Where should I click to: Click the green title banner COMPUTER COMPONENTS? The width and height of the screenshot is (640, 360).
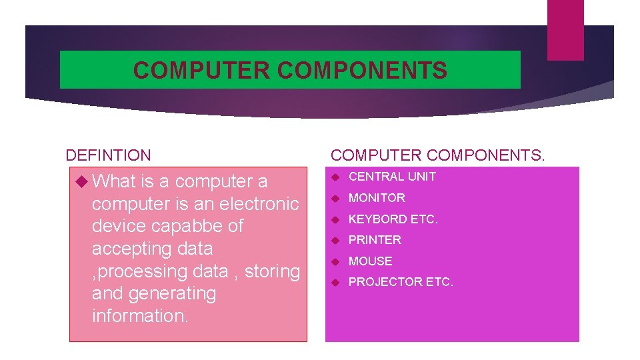tap(290, 70)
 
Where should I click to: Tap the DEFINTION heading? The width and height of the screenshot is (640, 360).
tap(108, 155)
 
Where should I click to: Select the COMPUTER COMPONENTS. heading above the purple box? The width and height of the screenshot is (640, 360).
tap(437, 155)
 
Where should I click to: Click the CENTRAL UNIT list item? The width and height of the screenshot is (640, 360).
tap(392, 177)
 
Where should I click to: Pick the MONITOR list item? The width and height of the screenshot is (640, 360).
tap(377, 198)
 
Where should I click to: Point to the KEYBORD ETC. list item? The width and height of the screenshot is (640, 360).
tap(393, 219)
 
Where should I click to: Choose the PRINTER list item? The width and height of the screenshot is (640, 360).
tap(375, 240)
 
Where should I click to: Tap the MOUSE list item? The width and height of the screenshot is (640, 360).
tap(371, 261)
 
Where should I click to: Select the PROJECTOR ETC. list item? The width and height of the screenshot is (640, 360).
tap(401, 282)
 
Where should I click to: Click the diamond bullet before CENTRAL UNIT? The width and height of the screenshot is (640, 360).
tap(337, 177)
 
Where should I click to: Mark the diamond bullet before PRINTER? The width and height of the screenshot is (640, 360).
tap(337, 240)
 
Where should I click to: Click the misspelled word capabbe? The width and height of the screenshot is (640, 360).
tap(189, 226)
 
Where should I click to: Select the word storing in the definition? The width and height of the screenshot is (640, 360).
tap(273, 271)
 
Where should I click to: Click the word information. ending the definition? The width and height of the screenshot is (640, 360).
tap(140, 316)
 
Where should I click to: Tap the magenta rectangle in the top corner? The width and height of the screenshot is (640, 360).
tap(565, 30)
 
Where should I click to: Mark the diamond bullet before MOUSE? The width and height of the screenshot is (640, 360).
tap(337, 261)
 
